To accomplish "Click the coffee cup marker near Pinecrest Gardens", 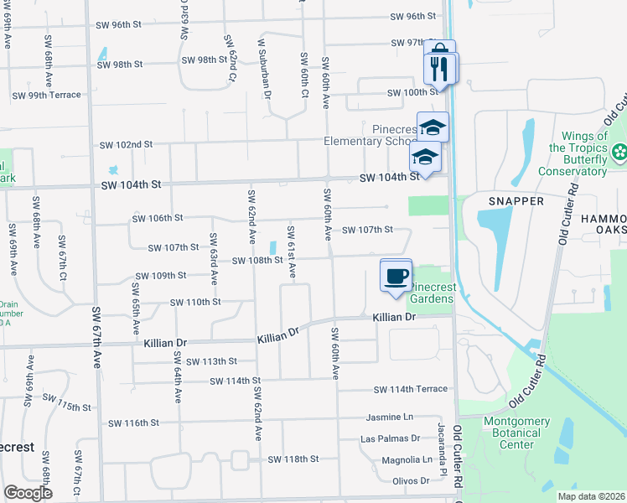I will (x=396, y=275).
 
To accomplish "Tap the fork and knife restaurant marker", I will (x=441, y=67).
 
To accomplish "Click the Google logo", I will (x=28, y=493).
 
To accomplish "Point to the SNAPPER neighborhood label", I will (x=516, y=201).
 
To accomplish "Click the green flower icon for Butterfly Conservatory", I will (x=619, y=153).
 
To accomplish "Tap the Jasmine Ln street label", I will (x=390, y=417).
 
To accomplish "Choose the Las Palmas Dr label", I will (x=390, y=438).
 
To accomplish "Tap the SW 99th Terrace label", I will (x=46, y=95).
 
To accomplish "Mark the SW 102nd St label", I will (x=126, y=144).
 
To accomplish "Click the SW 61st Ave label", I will (x=292, y=251).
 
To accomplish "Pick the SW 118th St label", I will (x=293, y=459).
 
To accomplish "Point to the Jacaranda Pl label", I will (x=439, y=463).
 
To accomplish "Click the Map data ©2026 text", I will (x=590, y=496).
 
